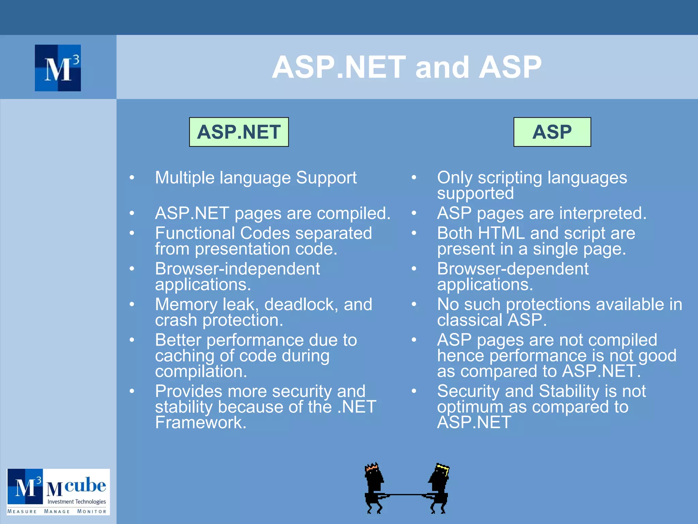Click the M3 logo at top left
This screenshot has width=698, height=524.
click(x=58, y=68)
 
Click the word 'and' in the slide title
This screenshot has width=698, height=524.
click(x=442, y=67)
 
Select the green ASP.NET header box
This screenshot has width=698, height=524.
click(x=239, y=132)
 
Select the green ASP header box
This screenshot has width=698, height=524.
click(x=552, y=132)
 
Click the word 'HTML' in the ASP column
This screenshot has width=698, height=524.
click(x=501, y=234)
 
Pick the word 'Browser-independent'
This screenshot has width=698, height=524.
click(x=238, y=269)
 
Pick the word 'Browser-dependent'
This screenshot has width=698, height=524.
click(x=513, y=269)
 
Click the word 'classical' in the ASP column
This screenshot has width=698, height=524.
click(x=470, y=320)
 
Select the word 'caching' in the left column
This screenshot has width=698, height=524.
click(x=184, y=356)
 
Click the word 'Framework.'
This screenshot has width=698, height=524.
click(x=201, y=423)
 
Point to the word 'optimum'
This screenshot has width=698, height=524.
click(x=470, y=407)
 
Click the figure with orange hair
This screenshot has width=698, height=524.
click(x=374, y=488)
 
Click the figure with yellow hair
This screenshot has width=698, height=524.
click(x=439, y=488)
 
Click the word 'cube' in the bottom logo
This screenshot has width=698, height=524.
click(x=85, y=485)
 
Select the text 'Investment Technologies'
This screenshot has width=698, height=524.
click(x=76, y=501)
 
